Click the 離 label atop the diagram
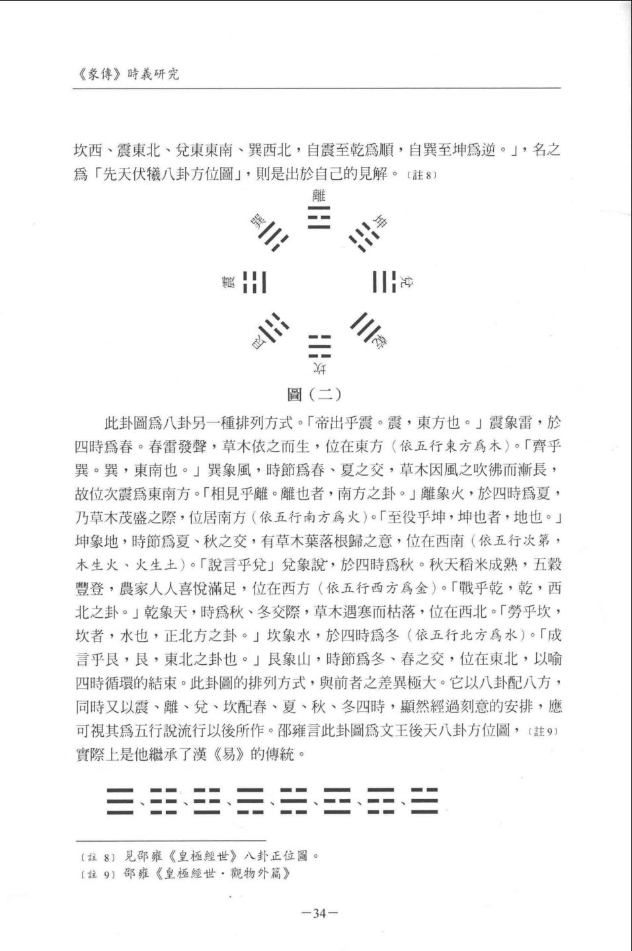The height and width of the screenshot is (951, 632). pos(319,195)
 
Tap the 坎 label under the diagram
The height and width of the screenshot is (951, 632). pos(319,368)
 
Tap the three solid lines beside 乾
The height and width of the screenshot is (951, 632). pos(362,326)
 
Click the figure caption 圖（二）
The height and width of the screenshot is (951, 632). pos(315,395)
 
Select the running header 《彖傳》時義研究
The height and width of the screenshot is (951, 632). pos(125,74)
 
